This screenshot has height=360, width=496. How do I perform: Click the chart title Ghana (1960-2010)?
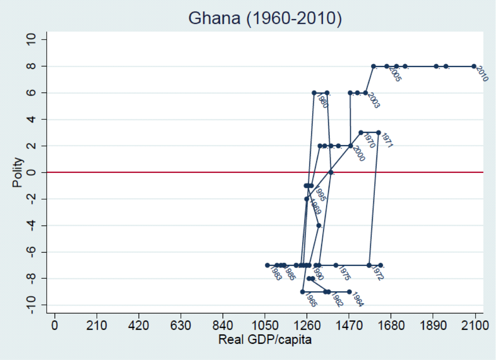[x=265, y=18]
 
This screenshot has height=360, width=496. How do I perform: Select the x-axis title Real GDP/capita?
[x=265, y=339]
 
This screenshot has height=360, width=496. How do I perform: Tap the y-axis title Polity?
[x=17, y=172]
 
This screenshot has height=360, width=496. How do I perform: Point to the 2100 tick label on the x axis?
[x=475, y=326]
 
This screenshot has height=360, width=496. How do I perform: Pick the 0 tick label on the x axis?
[x=55, y=326]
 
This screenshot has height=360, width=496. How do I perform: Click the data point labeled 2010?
[x=474, y=66]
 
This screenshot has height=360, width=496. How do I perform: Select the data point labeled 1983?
[x=267, y=265]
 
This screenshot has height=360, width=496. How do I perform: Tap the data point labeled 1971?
[x=379, y=133]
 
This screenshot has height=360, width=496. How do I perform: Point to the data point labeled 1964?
[x=349, y=292]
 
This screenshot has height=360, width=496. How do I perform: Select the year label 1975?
[x=344, y=273]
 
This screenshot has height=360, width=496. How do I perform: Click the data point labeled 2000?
[x=350, y=146]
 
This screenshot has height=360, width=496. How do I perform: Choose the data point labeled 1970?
[x=361, y=133]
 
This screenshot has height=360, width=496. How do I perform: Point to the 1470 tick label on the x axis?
[x=349, y=326]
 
